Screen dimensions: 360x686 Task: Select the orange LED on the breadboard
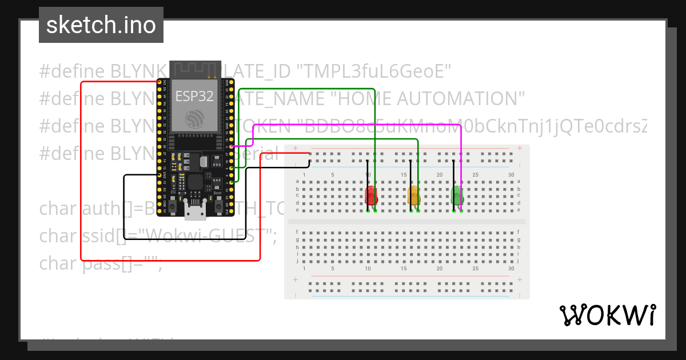414,195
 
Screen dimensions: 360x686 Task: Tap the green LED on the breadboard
457,195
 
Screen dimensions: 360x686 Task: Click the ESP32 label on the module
194,96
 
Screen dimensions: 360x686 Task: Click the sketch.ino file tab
101,25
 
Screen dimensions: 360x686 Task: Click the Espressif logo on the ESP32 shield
194,119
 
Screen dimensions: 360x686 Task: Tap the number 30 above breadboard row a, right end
511,175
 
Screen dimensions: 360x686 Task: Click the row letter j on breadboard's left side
297,261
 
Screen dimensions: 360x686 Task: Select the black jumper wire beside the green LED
454,183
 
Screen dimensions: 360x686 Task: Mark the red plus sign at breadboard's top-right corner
519,149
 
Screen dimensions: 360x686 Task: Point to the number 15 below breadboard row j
404,269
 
